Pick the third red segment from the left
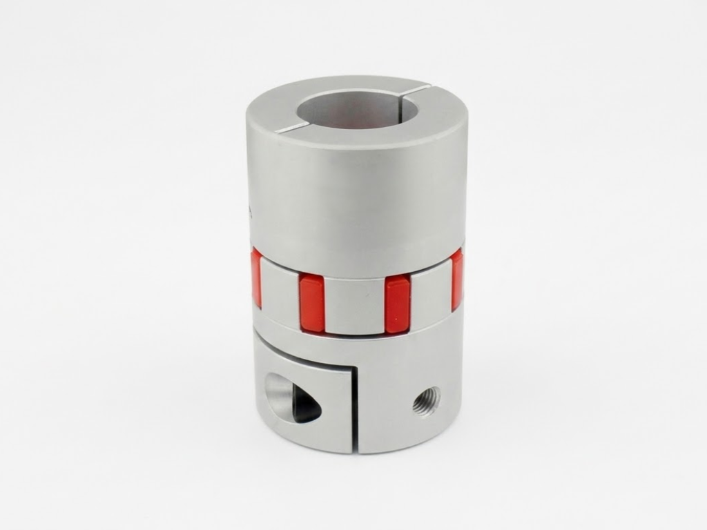(x=397, y=303)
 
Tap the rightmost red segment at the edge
(x=457, y=279)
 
